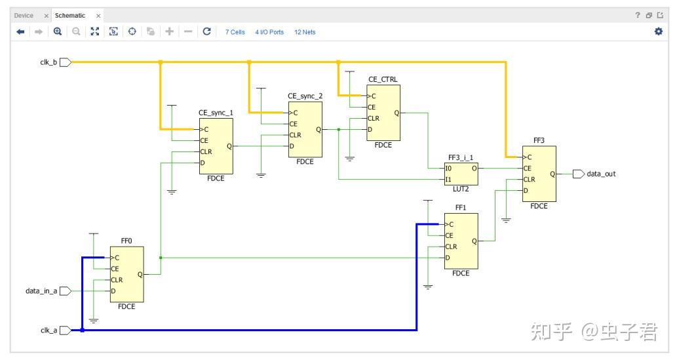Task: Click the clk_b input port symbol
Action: tap(66, 62)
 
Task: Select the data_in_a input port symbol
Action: tap(66, 291)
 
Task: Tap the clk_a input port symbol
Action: tap(66, 330)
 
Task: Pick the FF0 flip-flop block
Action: tap(127, 274)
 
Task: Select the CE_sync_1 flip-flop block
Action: tap(216, 146)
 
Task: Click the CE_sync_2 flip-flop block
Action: tap(305, 130)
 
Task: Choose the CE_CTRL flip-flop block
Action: tap(383, 113)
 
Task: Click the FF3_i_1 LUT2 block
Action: tap(461, 174)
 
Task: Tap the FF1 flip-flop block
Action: tap(461, 241)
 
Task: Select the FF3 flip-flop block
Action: tap(539, 174)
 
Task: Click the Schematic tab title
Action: tap(70, 16)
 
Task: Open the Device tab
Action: tap(24, 16)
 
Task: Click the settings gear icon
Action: tap(659, 31)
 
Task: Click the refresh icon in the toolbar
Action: tap(206, 31)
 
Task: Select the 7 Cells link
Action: tap(235, 32)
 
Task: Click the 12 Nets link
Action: tap(305, 32)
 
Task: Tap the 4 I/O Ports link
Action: tap(269, 32)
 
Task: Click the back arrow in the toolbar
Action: tap(20, 32)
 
